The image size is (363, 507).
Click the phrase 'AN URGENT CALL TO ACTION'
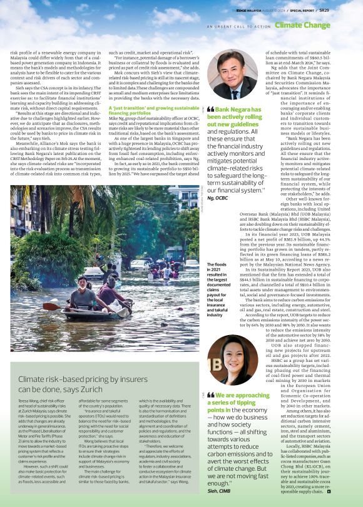238,26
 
